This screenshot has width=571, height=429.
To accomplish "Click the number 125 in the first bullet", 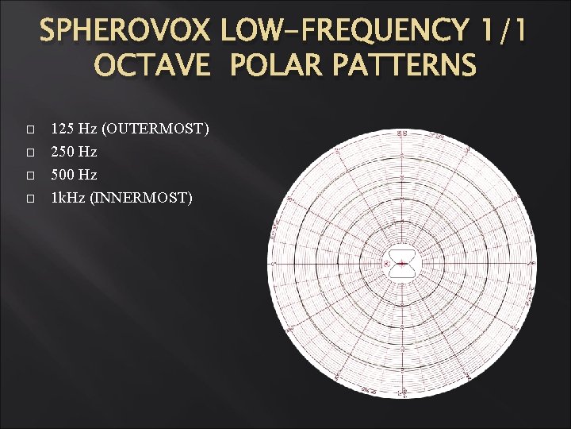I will pos(62,128).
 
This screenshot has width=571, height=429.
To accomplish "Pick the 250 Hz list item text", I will pos(74,151).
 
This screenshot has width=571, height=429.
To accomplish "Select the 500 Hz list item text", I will pos(74,174).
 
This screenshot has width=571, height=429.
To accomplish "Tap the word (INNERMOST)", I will pos(141,197).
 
